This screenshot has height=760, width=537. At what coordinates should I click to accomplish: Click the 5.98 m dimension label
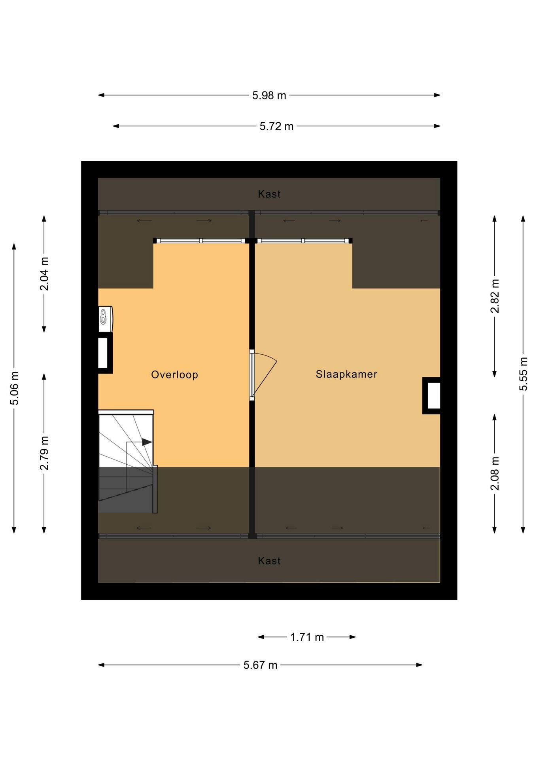coord(269,95)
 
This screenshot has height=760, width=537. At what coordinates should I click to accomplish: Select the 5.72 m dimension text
coord(276,126)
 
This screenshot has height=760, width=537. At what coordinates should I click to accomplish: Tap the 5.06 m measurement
coord(14,388)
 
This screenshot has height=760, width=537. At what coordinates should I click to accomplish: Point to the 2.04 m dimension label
coord(44,274)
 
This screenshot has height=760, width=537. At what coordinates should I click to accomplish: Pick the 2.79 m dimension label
coord(44,453)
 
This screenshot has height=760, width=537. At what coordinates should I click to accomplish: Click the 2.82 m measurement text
coord(495,296)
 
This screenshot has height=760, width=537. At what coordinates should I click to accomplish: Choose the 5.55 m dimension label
coord(523,374)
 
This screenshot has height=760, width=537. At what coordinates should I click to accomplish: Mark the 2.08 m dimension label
coord(495,473)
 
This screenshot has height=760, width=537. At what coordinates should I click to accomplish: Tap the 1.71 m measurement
coord(307,637)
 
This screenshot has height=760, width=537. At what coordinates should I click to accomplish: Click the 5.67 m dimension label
coord(260,665)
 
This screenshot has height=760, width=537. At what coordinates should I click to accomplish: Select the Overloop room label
coord(174,375)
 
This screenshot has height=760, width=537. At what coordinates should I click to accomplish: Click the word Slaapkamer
coord(346,374)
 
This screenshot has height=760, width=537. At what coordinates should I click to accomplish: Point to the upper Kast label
coord(269,194)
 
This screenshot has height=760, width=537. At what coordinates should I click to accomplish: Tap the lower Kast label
coord(269,561)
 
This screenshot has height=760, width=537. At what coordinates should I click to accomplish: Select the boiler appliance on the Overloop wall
coord(105,319)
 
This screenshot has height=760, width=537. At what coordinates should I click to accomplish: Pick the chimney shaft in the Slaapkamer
coord(431,396)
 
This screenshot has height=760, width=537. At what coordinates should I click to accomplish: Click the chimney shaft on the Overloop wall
coord(105,353)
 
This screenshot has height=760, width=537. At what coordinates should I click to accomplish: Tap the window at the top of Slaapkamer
coord(303,241)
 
